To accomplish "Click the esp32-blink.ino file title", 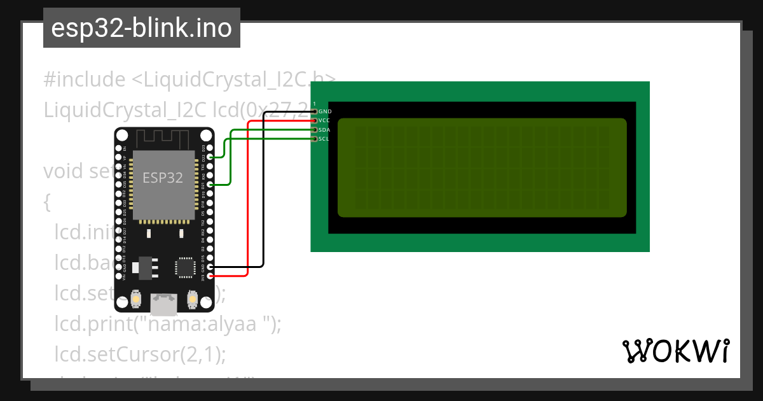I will click(x=141, y=29).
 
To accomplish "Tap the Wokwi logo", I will click(x=675, y=351).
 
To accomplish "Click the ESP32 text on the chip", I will click(x=162, y=178).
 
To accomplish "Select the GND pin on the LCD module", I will click(x=315, y=111).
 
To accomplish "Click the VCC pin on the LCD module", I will click(x=315, y=120).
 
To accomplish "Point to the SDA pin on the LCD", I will click(x=315, y=130).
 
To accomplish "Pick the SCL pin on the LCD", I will click(x=315, y=139).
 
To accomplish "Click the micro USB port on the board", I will click(x=164, y=304).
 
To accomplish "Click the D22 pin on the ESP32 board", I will click(x=210, y=157).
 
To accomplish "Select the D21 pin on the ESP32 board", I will click(x=210, y=185).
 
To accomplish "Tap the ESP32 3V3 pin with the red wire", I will click(x=210, y=276).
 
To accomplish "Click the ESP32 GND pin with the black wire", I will click(x=210, y=267).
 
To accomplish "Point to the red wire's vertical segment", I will click(x=247, y=197).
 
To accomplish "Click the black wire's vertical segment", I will click(x=263, y=191).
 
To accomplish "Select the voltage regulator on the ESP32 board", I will click(x=146, y=268).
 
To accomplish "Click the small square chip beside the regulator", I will click(x=186, y=267).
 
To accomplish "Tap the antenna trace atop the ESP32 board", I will click(x=164, y=137).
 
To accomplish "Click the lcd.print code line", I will click(x=167, y=324).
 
